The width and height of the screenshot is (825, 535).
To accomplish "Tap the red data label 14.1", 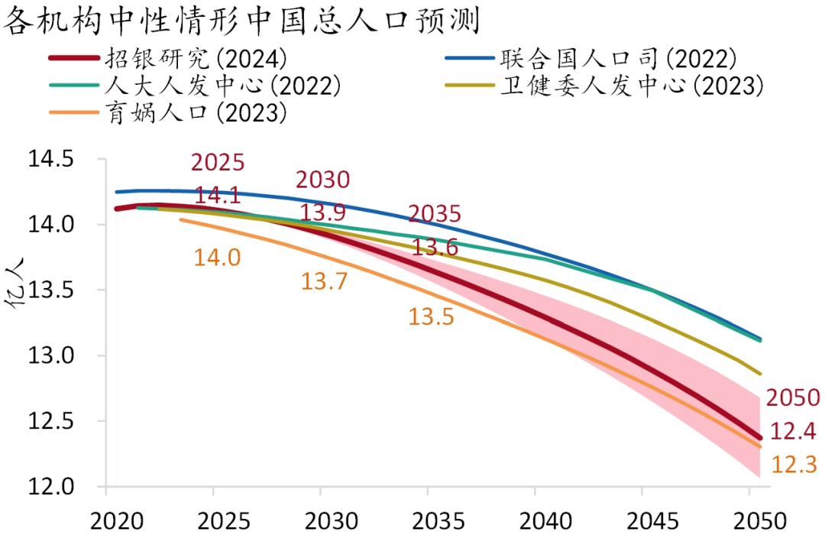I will tap(218, 196).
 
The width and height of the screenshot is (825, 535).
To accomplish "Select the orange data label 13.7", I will tap(324, 281).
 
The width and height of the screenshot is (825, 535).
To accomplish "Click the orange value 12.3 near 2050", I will tap(794, 465).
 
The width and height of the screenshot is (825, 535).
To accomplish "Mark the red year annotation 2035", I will tap(435, 214).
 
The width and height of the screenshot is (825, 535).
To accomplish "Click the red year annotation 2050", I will tap(793, 397).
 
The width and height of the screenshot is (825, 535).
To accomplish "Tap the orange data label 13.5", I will tap(431, 316).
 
